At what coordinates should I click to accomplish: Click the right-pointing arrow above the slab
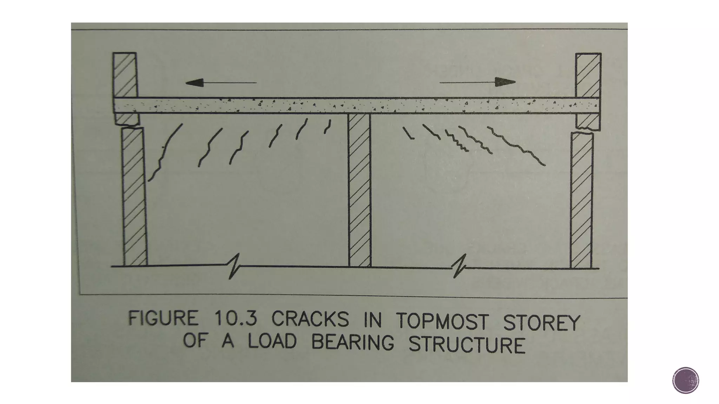(x=477, y=82)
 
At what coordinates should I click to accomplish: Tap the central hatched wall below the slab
(x=359, y=189)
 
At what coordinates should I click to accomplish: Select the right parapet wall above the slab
(x=588, y=75)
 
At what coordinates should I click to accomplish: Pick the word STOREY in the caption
(x=541, y=323)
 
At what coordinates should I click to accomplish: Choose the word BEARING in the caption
(x=353, y=342)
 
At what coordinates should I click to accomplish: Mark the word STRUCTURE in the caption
(x=467, y=344)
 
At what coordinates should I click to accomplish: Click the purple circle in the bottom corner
(x=686, y=380)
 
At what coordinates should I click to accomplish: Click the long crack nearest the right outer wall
(x=516, y=146)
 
